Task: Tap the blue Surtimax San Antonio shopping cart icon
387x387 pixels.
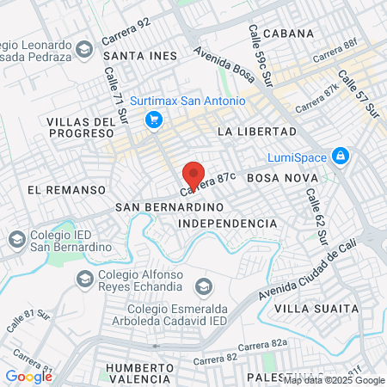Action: click(x=154, y=120)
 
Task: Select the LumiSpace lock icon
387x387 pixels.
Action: click(x=341, y=157)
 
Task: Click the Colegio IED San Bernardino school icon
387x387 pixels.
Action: click(x=15, y=238)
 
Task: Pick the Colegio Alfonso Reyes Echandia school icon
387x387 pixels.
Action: click(x=84, y=278)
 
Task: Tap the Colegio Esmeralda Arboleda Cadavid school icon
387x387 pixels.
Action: click(x=204, y=286)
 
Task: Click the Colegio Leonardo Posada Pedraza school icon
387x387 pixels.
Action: click(x=84, y=48)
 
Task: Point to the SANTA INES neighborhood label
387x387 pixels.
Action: click(x=139, y=56)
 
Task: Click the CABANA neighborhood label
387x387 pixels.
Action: click(x=286, y=34)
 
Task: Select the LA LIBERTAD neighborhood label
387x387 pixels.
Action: click(x=256, y=132)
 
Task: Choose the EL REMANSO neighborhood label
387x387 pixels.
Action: click(x=58, y=188)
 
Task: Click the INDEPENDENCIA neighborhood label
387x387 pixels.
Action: click(x=227, y=224)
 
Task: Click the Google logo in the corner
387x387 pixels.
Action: click(x=28, y=376)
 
